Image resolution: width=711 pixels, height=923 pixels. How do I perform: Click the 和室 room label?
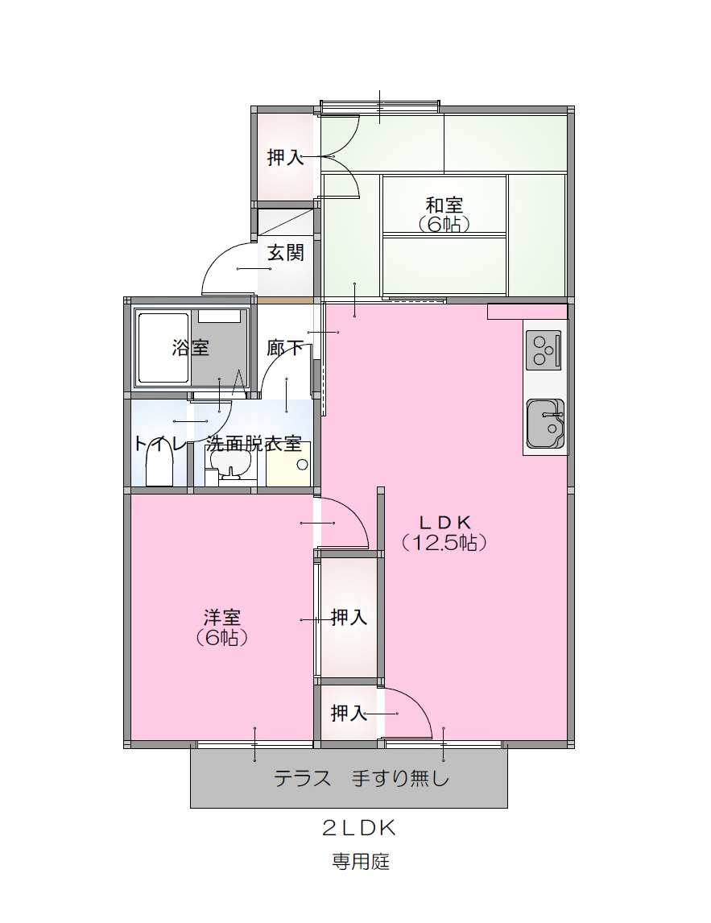(444, 205)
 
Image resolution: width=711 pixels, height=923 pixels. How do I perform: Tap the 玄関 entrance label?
(285, 253)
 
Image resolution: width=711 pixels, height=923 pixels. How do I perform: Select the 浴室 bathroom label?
(190, 348)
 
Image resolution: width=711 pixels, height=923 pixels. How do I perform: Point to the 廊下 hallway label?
(285, 348)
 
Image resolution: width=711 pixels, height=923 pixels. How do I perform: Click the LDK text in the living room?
(444, 521)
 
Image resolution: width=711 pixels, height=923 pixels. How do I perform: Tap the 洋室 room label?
(221, 618)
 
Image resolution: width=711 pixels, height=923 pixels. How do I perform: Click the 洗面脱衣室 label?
(253, 444)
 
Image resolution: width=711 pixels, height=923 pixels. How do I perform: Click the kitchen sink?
(545, 424)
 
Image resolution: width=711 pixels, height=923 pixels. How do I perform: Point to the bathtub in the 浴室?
(163, 348)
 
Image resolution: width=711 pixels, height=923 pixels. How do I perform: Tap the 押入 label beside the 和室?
(285, 157)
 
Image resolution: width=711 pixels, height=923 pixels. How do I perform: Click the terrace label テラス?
(304, 779)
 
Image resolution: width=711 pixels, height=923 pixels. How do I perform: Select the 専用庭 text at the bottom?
(361, 861)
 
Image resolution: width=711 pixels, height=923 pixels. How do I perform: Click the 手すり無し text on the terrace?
(399, 779)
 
